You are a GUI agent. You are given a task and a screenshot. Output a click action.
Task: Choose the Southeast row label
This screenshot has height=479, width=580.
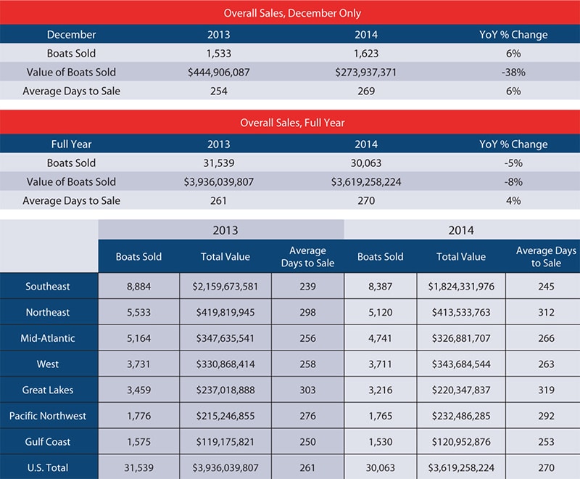click(49, 287)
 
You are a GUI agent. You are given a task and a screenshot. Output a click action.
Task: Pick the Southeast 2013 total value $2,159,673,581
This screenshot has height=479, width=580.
click(225, 287)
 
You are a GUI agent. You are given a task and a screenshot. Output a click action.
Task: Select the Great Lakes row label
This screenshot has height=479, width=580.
click(49, 390)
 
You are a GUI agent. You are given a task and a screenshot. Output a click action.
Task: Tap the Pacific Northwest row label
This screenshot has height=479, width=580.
click(49, 417)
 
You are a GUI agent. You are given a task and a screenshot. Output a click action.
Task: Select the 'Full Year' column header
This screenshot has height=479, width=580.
click(71, 144)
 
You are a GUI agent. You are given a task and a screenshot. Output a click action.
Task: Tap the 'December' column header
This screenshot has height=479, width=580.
click(71, 34)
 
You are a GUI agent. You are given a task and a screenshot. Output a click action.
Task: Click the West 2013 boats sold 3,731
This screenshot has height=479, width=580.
click(138, 364)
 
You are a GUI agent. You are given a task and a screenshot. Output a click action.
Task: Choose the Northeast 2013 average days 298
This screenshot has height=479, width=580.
click(307, 313)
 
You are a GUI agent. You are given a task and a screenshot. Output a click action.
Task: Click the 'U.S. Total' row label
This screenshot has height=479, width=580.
click(49, 468)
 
